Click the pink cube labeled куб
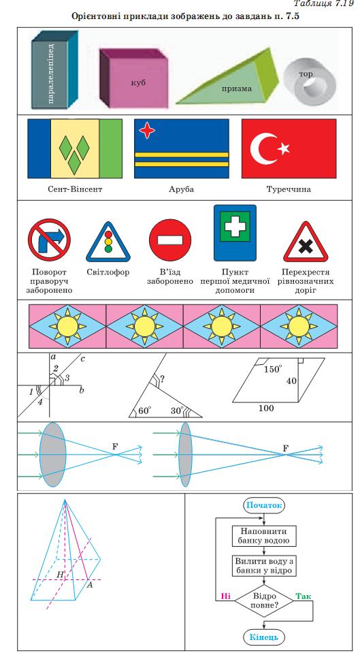[133, 78]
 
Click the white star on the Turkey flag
[284, 148]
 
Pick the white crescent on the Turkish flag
[262, 148]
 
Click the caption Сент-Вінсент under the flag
[75, 189]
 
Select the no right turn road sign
[49, 240]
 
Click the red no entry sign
[170, 240]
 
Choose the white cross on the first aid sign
[235, 226]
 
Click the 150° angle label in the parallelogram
[273, 369]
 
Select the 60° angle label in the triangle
[144, 411]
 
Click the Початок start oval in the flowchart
[264, 505]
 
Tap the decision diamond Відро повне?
[264, 601]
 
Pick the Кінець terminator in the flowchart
[264, 637]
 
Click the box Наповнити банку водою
[264, 536]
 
